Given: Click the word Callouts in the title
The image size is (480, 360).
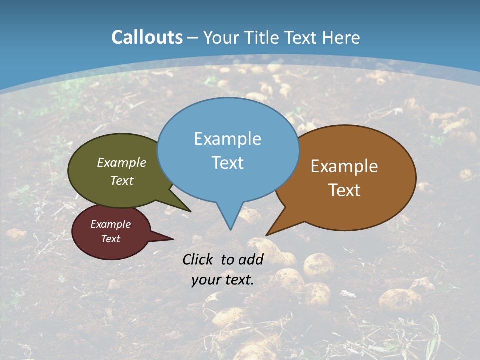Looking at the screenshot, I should (x=147, y=37).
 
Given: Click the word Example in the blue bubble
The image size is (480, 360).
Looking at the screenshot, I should (x=227, y=139).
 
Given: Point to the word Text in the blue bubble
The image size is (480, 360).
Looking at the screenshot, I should (x=227, y=163).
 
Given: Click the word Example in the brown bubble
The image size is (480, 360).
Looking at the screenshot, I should (x=344, y=166).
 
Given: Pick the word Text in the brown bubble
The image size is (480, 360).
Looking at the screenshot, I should (x=344, y=190).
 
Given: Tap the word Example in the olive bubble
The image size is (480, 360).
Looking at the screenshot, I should (x=121, y=162).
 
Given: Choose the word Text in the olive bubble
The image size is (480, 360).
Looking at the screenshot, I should (x=121, y=180).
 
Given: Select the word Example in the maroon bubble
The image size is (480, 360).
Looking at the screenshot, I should (x=110, y=224).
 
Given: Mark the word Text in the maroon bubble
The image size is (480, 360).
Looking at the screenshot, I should (x=110, y=239).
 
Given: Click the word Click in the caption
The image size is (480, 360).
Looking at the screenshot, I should (x=198, y=259).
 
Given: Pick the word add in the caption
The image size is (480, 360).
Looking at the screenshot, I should (x=251, y=259).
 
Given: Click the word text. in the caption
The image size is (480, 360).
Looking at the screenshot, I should (x=238, y=280).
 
